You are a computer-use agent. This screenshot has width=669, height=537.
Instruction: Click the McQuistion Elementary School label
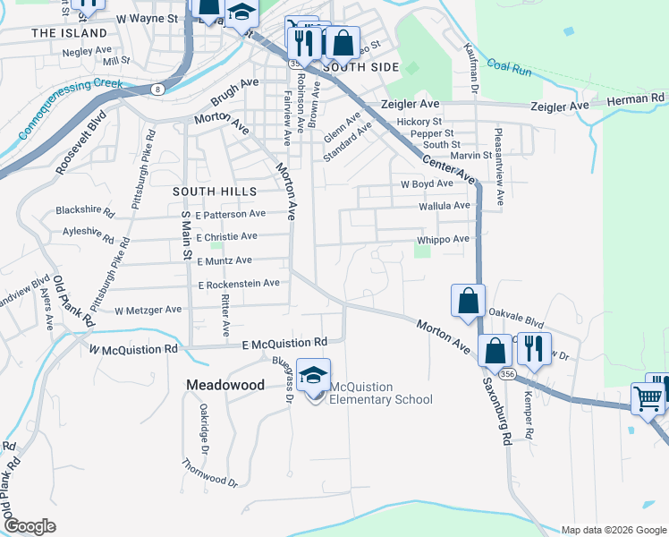point(381,393)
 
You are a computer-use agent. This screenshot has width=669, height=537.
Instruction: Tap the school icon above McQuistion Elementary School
point(314,375)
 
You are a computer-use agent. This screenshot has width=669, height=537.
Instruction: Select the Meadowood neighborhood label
point(225,384)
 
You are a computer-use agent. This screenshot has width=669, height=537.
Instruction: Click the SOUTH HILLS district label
point(215,191)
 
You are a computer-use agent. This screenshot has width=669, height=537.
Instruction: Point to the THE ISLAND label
point(62,33)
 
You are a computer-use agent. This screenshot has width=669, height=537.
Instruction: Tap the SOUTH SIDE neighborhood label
point(359,66)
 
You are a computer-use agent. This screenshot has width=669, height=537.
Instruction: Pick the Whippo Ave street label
point(443,240)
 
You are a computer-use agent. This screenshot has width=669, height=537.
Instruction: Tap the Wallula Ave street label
point(445,206)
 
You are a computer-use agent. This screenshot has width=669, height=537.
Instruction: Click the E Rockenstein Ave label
point(239,284)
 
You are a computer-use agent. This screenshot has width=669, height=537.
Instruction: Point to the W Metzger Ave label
point(148,310)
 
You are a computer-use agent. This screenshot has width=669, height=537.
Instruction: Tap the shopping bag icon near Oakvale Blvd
point(468,302)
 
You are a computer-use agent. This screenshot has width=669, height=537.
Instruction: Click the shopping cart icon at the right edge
point(648,398)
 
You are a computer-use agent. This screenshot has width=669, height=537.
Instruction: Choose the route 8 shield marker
point(157,89)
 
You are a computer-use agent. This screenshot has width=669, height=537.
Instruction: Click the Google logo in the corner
point(30,525)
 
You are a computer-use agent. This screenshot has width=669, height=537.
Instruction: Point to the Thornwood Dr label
point(210,473)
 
